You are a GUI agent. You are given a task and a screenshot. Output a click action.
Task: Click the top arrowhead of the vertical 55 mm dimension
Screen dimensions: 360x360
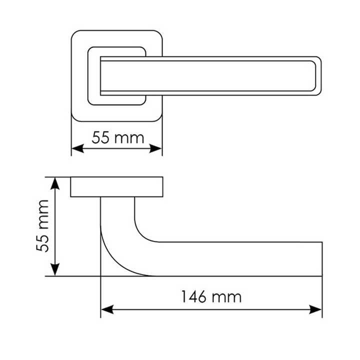(x=56, y=182)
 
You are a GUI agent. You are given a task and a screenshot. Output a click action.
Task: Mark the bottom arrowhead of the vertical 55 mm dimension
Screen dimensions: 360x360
(x=56, y=270)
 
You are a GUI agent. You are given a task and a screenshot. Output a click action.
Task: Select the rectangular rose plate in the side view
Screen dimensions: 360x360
(x=117, y=186)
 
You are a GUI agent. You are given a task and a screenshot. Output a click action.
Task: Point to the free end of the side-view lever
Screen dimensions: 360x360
(x=320, y=259)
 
